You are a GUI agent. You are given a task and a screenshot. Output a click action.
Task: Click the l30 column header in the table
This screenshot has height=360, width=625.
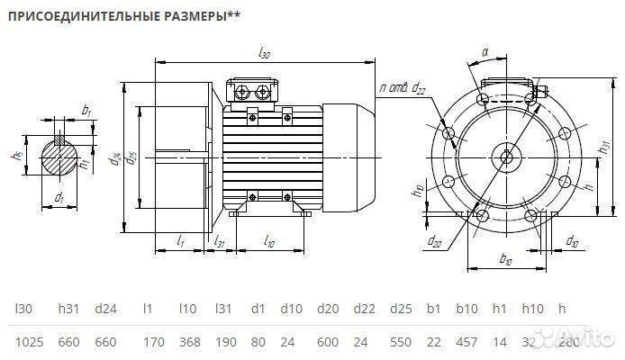(23, 309)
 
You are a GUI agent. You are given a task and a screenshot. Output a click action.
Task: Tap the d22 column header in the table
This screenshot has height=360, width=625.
(365, 309)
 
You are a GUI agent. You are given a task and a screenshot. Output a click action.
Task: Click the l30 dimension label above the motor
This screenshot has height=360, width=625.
(264, 54)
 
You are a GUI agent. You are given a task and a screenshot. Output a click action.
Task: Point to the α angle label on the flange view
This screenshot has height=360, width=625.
(484, 53)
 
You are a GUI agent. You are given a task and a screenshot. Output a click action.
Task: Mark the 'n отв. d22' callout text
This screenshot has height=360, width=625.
(403, 87)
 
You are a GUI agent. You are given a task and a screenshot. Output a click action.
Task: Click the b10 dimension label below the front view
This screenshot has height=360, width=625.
(505, 259)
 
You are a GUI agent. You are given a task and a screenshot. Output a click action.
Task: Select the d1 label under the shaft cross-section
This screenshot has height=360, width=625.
(59, 196)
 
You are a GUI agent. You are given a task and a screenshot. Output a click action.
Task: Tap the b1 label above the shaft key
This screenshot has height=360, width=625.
(86, 110)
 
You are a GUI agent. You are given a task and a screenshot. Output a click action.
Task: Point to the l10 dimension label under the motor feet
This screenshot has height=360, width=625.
(269, 240)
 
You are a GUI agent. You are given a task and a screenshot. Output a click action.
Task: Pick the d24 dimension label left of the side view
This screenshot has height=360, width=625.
(116, 159)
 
